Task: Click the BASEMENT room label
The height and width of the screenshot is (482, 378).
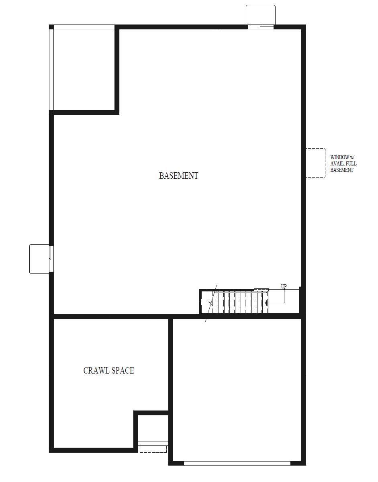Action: point(178,176)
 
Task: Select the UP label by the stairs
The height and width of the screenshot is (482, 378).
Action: point(284,286)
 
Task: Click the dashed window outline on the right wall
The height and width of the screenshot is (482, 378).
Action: point(315,163)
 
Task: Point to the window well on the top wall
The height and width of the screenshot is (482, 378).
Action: point(261,15)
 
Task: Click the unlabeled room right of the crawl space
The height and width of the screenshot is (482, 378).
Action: point(237,390)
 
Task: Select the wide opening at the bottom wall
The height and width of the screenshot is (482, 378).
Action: point(237,463)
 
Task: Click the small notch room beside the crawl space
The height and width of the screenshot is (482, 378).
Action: point(153,428)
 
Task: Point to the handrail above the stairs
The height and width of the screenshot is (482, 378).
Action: point(261,290)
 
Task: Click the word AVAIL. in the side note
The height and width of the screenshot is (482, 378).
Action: point(338,163)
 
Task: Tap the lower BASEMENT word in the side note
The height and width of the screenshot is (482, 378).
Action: point(342,170)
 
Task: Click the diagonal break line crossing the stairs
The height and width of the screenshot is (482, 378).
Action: point(211,303)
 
